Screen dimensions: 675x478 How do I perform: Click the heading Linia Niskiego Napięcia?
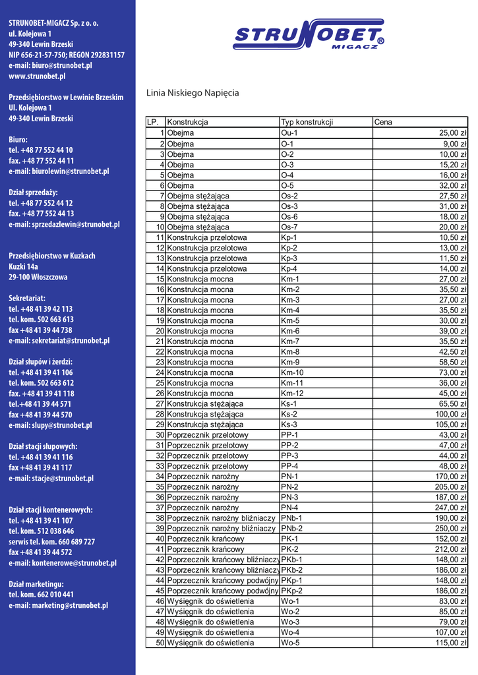click(x=193, y=94)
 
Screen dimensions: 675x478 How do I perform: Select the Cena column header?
click(x=383, y=123)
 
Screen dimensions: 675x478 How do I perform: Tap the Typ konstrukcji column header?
click(x=307, y=123)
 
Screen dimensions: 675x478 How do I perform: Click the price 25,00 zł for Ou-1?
click(x=453, y=133)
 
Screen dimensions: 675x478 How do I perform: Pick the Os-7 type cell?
click(x=289, y=227)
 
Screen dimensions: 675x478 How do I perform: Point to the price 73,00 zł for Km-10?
click(x=453, y=372)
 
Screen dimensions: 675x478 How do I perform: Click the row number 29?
click(x=160, y=425)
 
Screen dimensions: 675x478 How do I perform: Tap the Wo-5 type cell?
click(x=290, y=643)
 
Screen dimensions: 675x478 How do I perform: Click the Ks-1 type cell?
click(x=289, y=403)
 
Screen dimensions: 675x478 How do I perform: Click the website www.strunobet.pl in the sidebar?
click(x=37, y=76)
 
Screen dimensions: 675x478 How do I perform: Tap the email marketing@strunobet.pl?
click(x=58, y=605)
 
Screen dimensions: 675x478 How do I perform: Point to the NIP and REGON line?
click(x=67, y=55)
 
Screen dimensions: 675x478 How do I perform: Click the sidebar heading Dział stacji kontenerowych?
click(x=51, y=510)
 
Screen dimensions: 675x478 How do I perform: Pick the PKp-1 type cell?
click(x=292, y=580)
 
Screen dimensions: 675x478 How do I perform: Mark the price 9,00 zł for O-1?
click(x=455, y=144)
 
